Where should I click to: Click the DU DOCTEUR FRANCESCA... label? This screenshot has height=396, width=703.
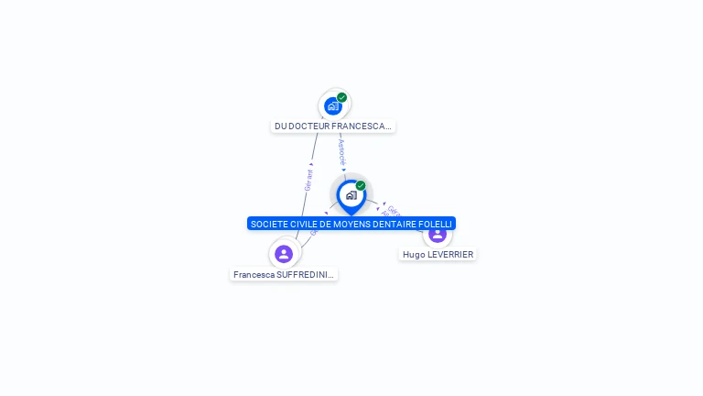[x=333, y=126]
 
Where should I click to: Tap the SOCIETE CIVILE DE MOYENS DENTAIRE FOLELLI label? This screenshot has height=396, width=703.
[x=351, y=224]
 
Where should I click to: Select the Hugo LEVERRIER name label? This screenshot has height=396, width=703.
[x=438, y=254]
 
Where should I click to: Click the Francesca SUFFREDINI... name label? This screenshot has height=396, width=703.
[x=284, y=274]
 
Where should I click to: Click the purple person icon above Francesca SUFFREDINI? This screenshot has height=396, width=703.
[x=284, y=254]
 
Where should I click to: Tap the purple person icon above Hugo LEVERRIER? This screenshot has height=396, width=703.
[x=438, y=235]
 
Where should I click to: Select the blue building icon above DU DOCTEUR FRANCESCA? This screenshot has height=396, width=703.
[x=333, y=106]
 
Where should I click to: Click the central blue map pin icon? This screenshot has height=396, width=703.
[x=351, y=195]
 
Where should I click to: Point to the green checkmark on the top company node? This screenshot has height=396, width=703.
[x=342, y=97]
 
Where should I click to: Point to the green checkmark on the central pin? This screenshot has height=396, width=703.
[x=361, y=185]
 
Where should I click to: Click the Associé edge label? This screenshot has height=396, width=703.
[x=341, y=149]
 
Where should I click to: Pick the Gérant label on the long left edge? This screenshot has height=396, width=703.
[x=309, y=179]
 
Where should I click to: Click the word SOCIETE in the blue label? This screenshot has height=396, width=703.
[x=269, y=224]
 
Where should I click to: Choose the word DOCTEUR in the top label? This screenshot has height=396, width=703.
[x=309, y=126]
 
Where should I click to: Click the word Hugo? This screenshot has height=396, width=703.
[x=414, y=254]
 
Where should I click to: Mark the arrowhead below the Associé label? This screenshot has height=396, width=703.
[x=344, y=170]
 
